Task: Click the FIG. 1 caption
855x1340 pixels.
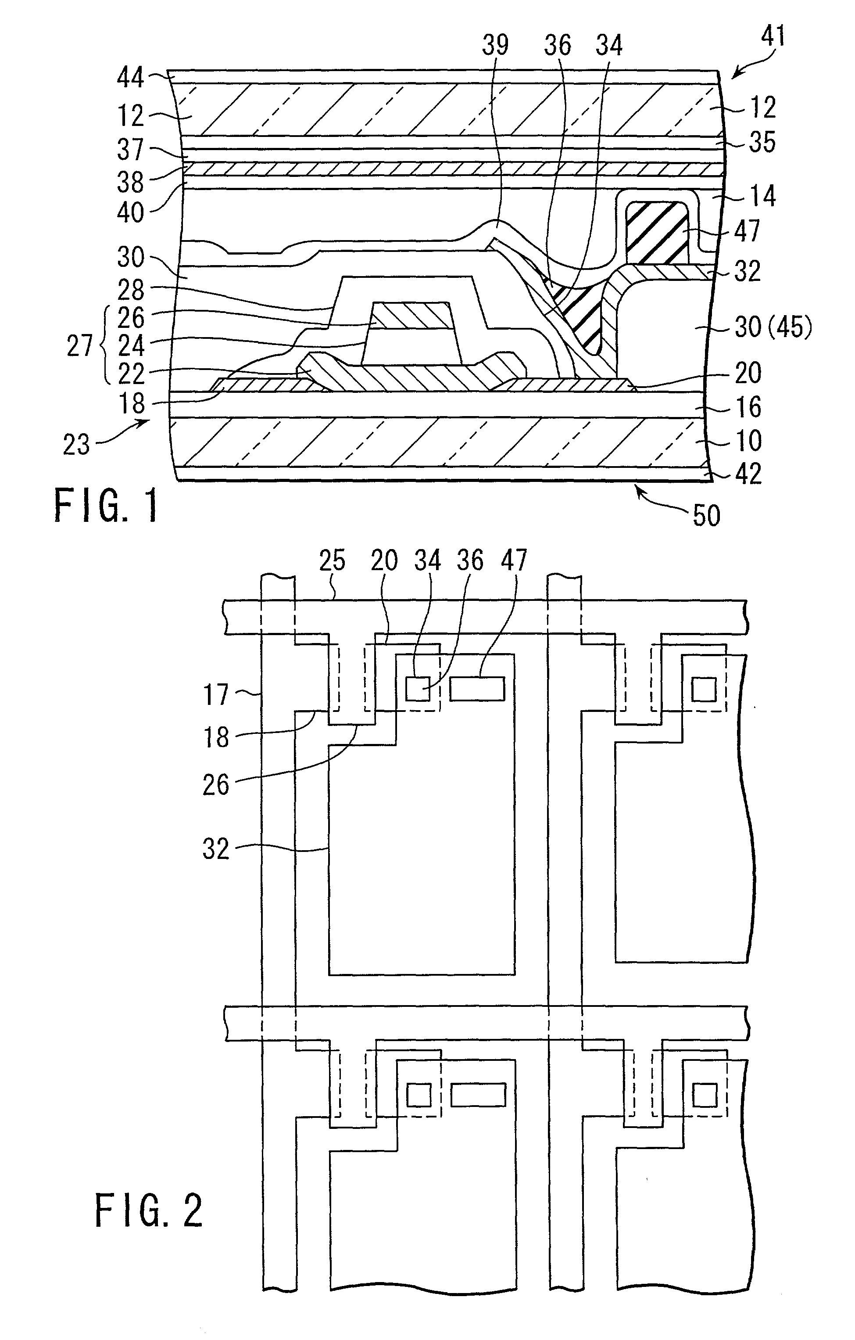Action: (106, 504)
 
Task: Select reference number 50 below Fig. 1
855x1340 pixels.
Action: (706, 515)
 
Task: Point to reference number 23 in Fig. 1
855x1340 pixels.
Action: (76, 445)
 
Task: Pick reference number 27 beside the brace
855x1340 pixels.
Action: (79, 346)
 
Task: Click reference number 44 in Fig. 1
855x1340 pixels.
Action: (131, 77)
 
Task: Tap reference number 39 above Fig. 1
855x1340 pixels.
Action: (495, 44)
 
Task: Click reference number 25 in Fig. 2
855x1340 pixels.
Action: (332, 561)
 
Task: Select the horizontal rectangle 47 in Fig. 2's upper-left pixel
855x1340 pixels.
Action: (477, 688)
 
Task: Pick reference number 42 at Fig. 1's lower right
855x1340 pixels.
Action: (748, 474)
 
